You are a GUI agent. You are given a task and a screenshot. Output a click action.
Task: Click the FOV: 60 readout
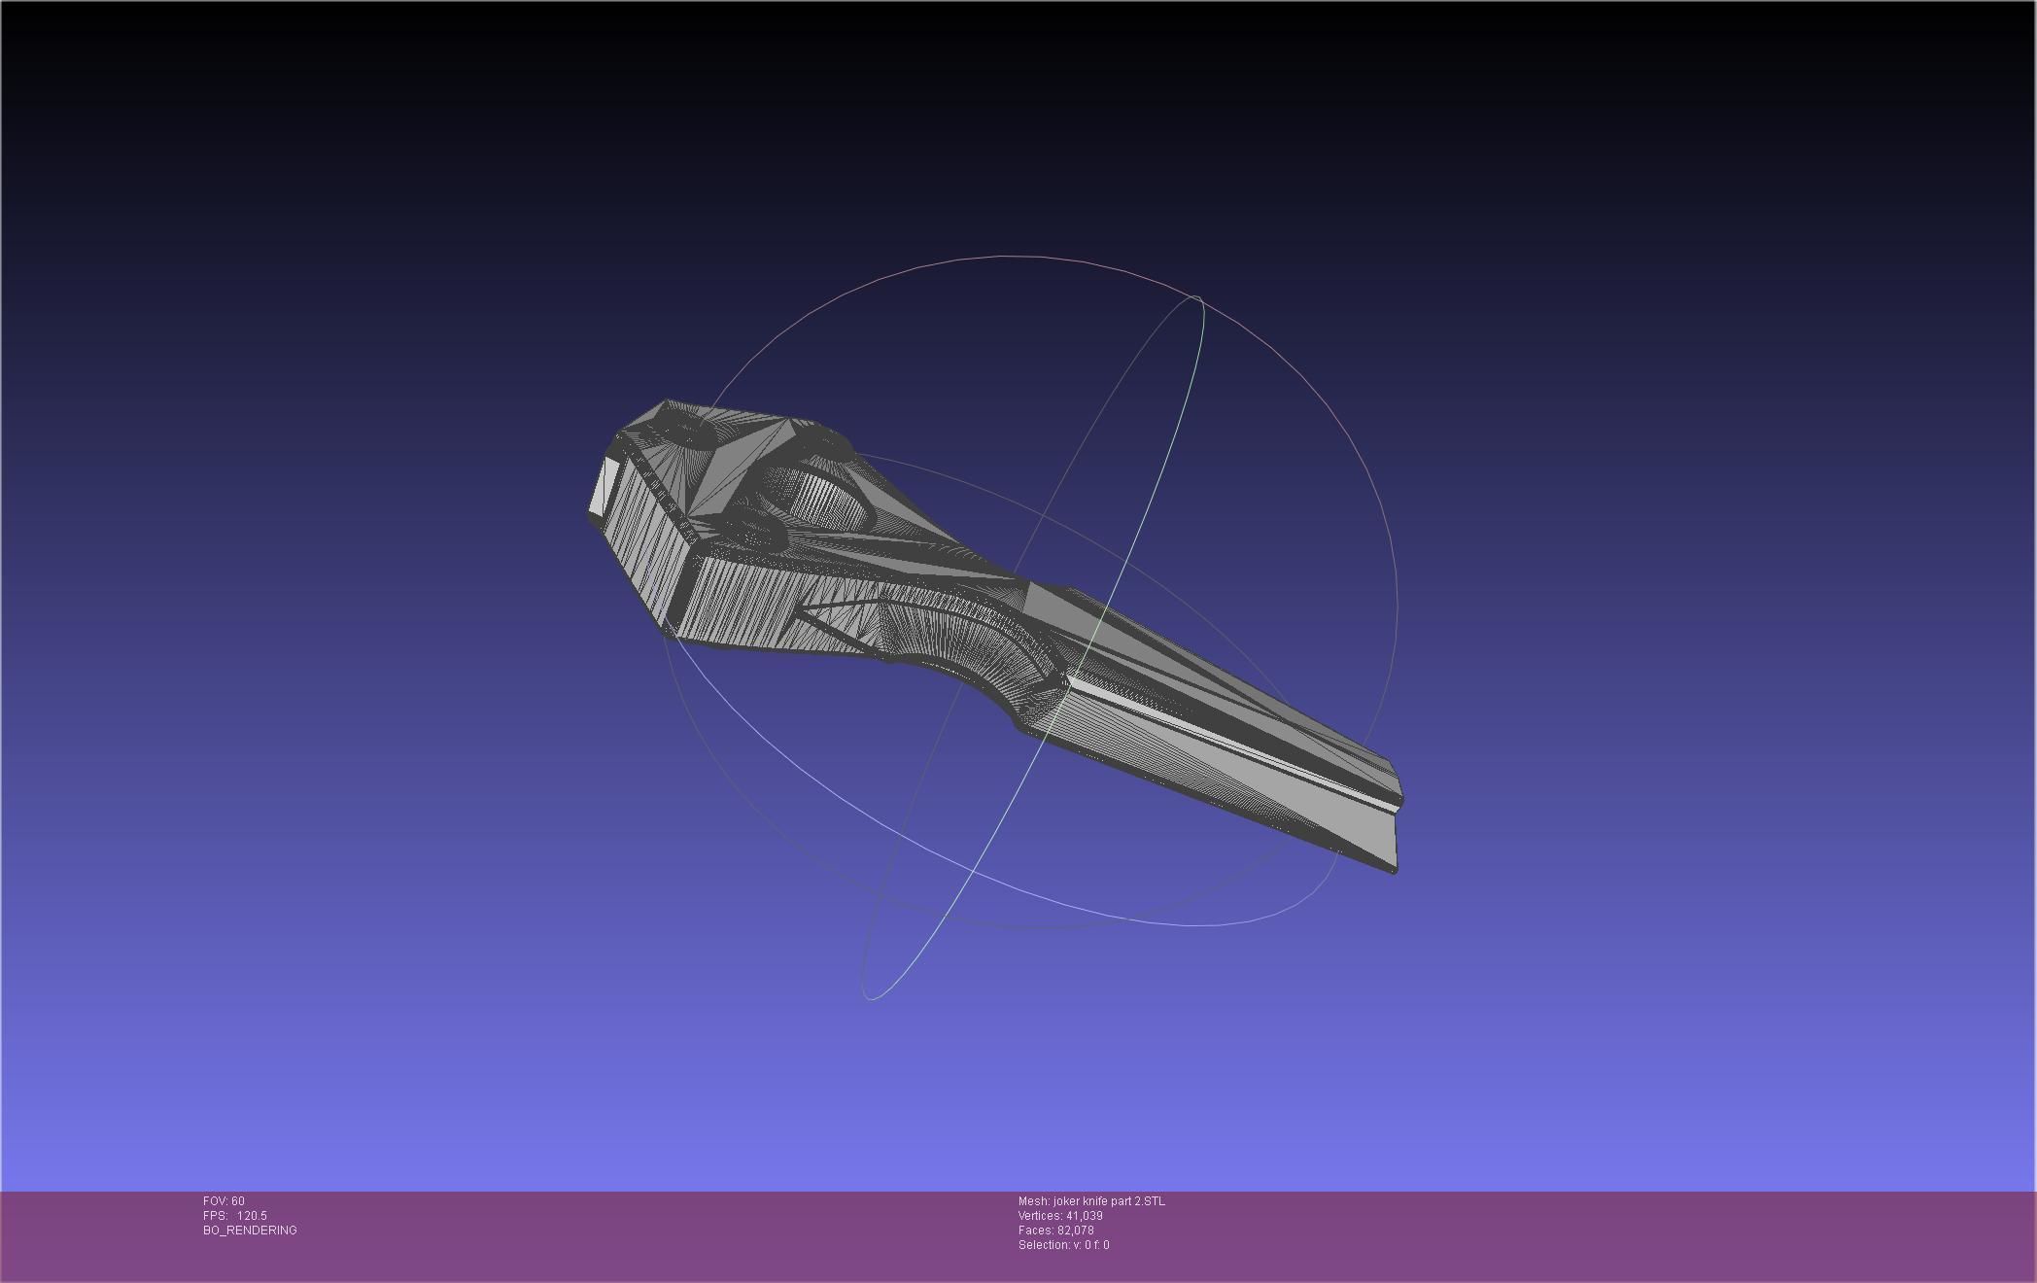click(x=224, y=1201)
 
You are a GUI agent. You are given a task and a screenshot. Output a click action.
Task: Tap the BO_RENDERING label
click(x=250, y=1231)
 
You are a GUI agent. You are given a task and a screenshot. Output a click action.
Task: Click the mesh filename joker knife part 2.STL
click(x=1109, y=1201)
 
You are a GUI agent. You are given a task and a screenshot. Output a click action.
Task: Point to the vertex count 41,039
click(x=1084, y=1216)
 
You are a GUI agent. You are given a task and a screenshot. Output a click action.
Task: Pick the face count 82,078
click(x=1075, y=1231)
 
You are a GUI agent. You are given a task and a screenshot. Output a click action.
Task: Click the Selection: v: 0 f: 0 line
click(x=1063, y=1245)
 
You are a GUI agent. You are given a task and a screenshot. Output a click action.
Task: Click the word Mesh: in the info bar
click(x=1033, y=1201)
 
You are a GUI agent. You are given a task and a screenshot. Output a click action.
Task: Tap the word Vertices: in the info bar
click(x=1040, y=1216)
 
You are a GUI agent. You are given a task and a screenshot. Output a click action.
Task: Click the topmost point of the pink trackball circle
click(x=1011, y=257)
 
